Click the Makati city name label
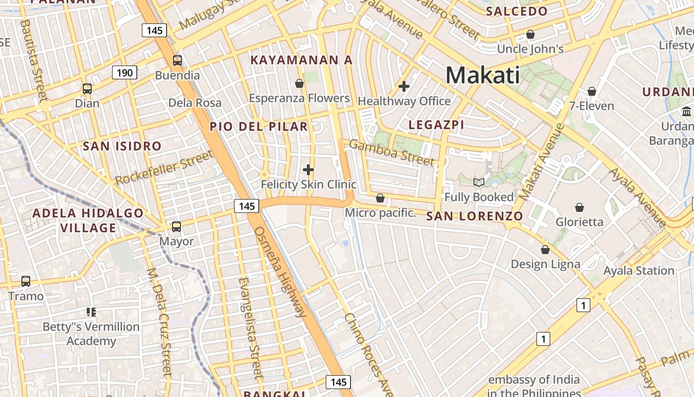(x=483, y=75)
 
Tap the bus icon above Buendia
(x=177, y=61)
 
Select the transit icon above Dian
(x=87, y=89)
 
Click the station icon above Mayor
(x=176, y=227)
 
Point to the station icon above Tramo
(x=26, y=281)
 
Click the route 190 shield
(x=124, y=73)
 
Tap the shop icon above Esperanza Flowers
(x=299, y=83)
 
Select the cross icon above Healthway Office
(x=404, y=86)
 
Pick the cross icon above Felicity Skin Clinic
(x=308, y=170)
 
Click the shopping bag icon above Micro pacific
(x=380, y=198)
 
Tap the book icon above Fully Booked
(x=479, y=182)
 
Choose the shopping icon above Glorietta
(x=579, y=207)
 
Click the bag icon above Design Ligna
(x=545, y=249)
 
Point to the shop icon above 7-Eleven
(x=591, y=91)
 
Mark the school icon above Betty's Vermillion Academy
(x=91, y=312)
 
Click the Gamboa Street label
(x=392, y=152)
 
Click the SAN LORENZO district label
(x=474, y=216)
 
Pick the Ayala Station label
(x=638, y=271)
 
